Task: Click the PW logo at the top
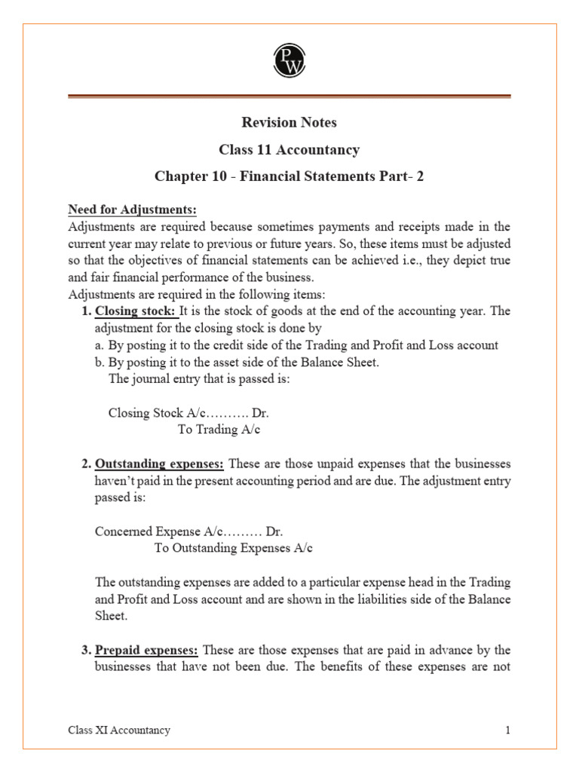[x=289, y=59]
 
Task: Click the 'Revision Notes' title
[x=289, y=122]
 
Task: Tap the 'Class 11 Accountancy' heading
[x=289, y=149]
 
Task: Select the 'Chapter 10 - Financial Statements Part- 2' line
[x=289, y=176]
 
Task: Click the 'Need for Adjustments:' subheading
[x=132, y=209]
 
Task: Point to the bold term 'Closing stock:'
[x=136, y=311]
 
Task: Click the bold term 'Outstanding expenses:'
[x=159, y=463]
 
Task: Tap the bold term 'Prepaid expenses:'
[x=146, y=650]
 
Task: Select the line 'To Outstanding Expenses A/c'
[x=233, y=548]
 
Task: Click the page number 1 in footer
[x=508, y=730]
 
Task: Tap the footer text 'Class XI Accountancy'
[x=119, y=730]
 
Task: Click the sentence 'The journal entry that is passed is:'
[x=199, y=378]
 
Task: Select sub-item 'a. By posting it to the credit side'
[x=296, y=345]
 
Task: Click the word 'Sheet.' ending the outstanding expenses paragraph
[x=111, y=616]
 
